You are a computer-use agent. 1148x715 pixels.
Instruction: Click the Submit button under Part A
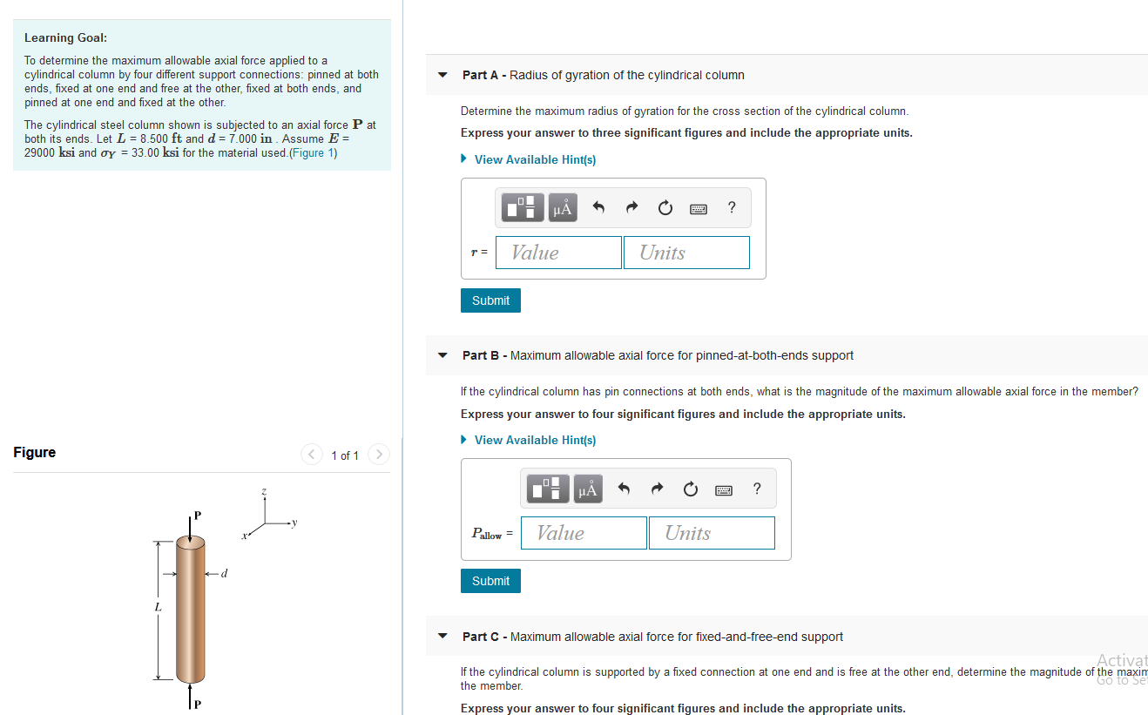coord(490,300)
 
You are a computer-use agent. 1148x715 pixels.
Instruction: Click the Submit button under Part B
coord(490,581)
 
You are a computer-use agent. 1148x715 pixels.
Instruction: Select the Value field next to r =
coord(558,253)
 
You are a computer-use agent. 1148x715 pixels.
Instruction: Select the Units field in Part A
coord(686,253)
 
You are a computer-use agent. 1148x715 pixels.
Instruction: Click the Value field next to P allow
coord(584,533)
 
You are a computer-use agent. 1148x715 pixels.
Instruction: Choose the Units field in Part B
coord(712,533)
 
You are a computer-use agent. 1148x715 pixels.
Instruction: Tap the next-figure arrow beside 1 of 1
coord(378,455)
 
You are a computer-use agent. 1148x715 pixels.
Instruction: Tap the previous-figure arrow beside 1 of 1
coord(312,455)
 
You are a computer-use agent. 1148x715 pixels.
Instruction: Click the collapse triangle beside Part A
coord(442,75)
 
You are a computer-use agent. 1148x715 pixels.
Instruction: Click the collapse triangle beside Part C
coord(442,637)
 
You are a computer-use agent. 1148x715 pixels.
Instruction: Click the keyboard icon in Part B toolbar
coord(723,489)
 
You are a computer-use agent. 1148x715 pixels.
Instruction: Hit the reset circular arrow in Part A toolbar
coord(665,207)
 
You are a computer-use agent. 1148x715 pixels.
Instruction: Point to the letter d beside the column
coord(225,573)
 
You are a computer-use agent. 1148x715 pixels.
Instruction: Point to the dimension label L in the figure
coord(158,606)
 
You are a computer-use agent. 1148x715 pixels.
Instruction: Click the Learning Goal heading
coord(65,37)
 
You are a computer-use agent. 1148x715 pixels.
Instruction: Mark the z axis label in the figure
coord(264,493)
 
